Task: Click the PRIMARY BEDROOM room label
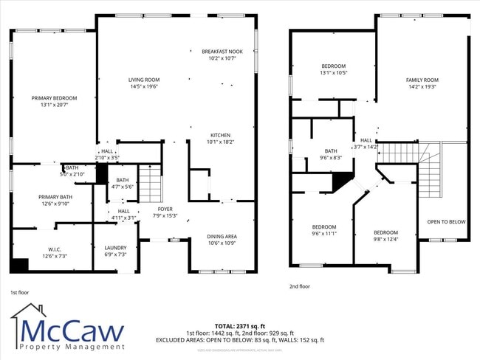coord(54,97)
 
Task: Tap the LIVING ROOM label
coord(144,80)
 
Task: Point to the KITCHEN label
coord(221,136)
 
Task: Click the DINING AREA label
coord(222,236)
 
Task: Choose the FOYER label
coord(165,210)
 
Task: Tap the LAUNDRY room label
coord(115,248)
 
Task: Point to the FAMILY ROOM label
coord(422,80)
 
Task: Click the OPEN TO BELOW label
coord(447,221)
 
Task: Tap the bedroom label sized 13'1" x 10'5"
coord(333,66)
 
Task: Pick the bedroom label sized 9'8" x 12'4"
coord(385,232)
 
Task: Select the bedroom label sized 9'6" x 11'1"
coord(323,226)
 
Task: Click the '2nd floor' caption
coord(300,286)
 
